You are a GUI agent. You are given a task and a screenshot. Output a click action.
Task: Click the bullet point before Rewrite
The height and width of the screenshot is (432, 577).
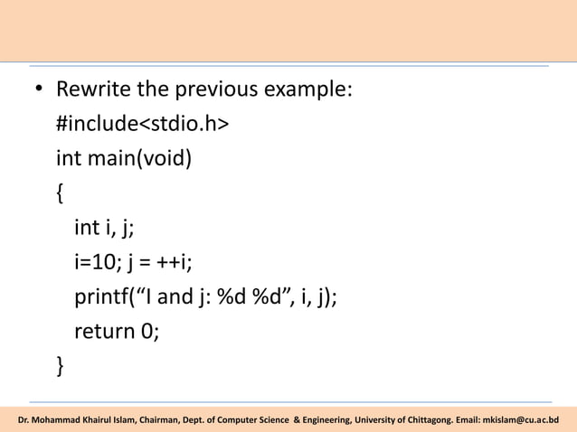[40, 91]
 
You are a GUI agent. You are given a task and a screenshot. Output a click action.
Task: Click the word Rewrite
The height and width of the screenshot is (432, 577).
[92, 90]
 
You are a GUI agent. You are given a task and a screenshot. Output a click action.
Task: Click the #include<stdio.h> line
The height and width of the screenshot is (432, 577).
[142, 125]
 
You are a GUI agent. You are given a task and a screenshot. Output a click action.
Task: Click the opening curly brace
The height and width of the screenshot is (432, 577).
[61, 193]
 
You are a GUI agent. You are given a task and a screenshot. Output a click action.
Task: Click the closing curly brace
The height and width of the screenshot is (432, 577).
[61, 365]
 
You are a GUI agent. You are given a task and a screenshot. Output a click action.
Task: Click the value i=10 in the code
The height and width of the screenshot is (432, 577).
[95, 262]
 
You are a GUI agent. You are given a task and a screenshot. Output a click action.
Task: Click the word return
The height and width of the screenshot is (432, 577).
[104, 331]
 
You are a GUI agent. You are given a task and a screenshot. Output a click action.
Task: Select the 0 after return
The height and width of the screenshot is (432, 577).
[150, 331]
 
